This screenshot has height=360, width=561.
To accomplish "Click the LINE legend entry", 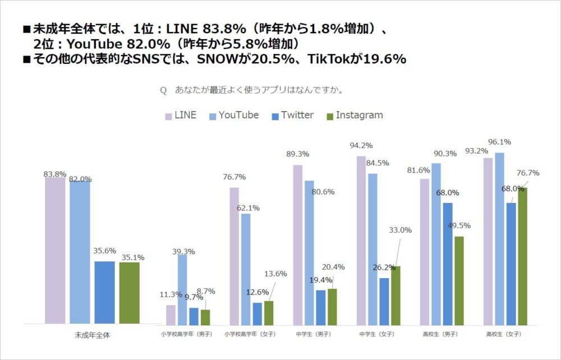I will (x=181, y=116).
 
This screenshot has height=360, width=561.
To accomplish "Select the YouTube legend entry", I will (x=233, y=116).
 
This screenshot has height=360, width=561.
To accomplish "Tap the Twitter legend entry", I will (x=292, y=116).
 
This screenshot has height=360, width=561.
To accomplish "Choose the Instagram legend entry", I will (x=355, y=116).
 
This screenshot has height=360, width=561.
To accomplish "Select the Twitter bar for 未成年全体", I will (x=104, y=292).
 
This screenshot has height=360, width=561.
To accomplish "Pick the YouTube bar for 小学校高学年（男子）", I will (x=182, y=289).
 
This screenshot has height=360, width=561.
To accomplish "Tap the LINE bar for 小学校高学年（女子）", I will (x=234, y=256).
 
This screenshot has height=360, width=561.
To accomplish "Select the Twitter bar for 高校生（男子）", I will (x=447, y=264).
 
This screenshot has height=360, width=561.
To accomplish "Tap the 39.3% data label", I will (x=184, y=251).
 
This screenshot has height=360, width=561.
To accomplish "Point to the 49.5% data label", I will (x=459, y=225).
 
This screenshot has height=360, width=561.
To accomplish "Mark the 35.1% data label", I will (x=133, y=257).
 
